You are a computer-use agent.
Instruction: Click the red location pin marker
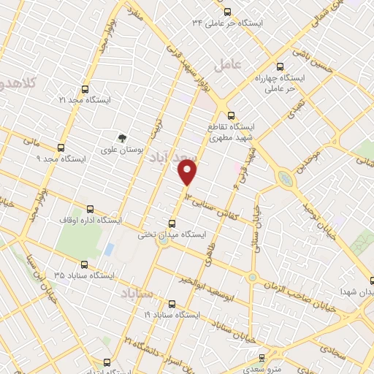click(x=188, y=173)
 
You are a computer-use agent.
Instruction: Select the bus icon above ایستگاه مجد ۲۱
click(x=85, y=88)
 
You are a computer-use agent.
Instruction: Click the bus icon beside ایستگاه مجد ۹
click(x=61, y=146)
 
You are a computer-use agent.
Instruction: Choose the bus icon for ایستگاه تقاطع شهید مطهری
click(x=231, y=114)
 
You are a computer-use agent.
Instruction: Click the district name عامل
click(x=227, y=66)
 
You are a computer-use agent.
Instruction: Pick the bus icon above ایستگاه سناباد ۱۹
click(x=172, y=303)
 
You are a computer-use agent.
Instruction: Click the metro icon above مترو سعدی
click(x=262, y=358)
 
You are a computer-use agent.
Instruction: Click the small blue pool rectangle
click(x=109, y=249)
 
